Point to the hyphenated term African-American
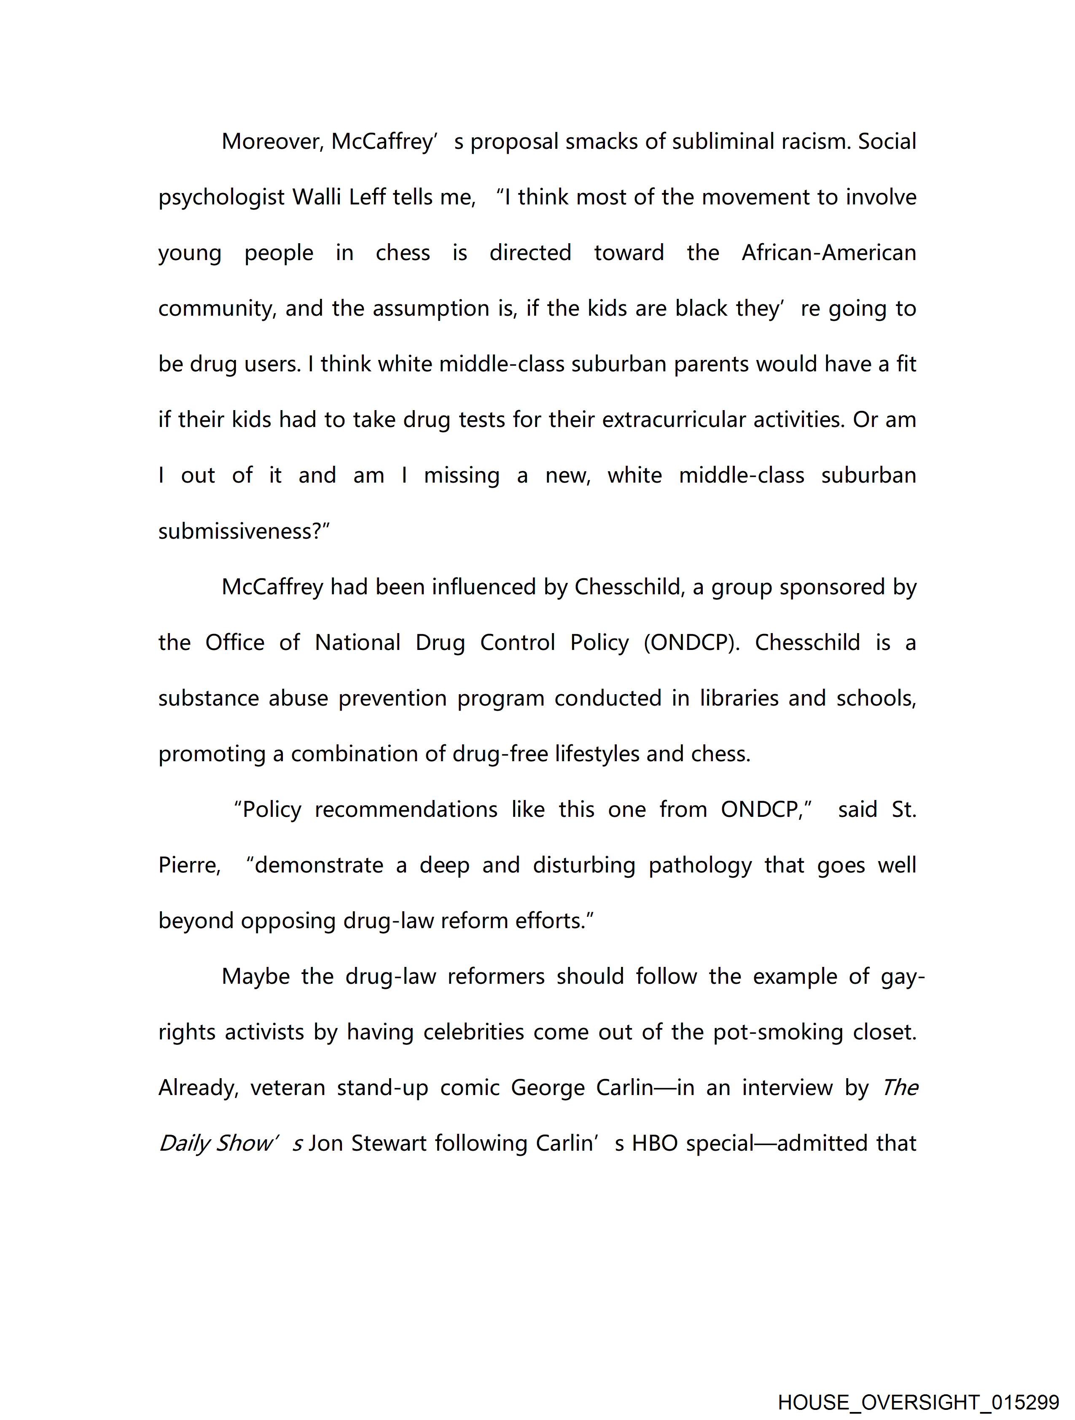pos(828,253)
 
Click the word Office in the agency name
pos(234,643)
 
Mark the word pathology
pos(700,865)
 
